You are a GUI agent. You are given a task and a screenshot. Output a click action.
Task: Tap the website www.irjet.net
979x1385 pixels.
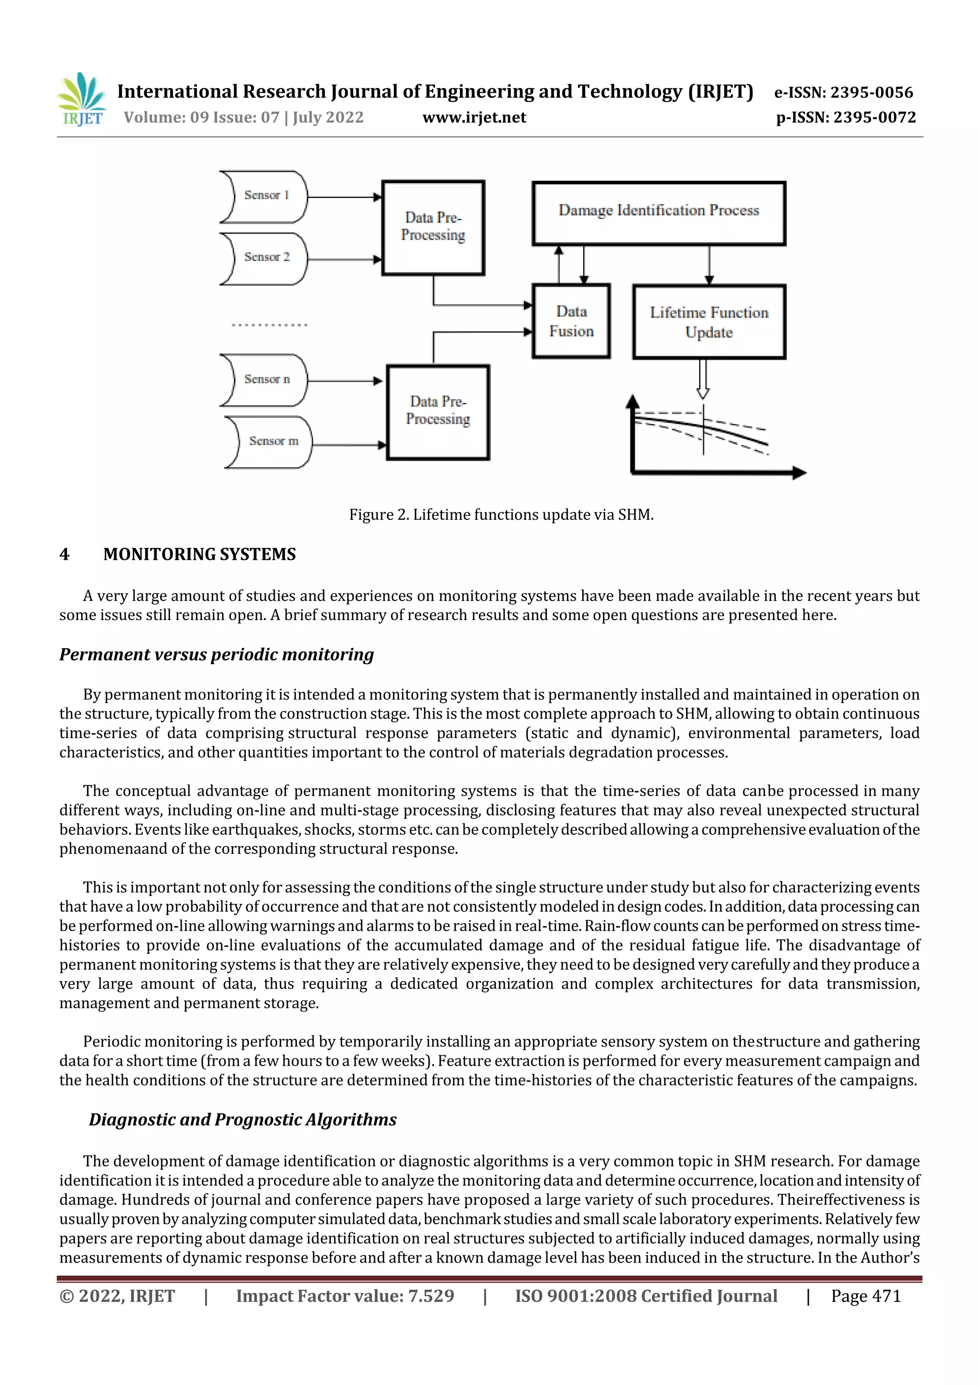pyautogui.click(x=474, y=118)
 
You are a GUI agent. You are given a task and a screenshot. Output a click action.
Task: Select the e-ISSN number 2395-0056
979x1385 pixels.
pyautogui.click(x=843, y=92)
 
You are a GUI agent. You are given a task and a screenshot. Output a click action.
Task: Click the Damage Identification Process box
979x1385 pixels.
pyautogui.click(x=658, y=212)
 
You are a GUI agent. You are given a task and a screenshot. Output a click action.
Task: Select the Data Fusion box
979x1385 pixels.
pyautogui.click(x=571, y=321)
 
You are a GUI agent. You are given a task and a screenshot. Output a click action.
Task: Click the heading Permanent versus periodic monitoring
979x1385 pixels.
pyautogui.click(x=217, y=654)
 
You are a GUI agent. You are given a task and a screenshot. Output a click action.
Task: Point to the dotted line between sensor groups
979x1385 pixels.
pyautogui.click(x=269, y=325)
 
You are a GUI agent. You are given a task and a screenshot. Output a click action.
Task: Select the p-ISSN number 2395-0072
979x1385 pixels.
pyautogui.click(x=846, y=118)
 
